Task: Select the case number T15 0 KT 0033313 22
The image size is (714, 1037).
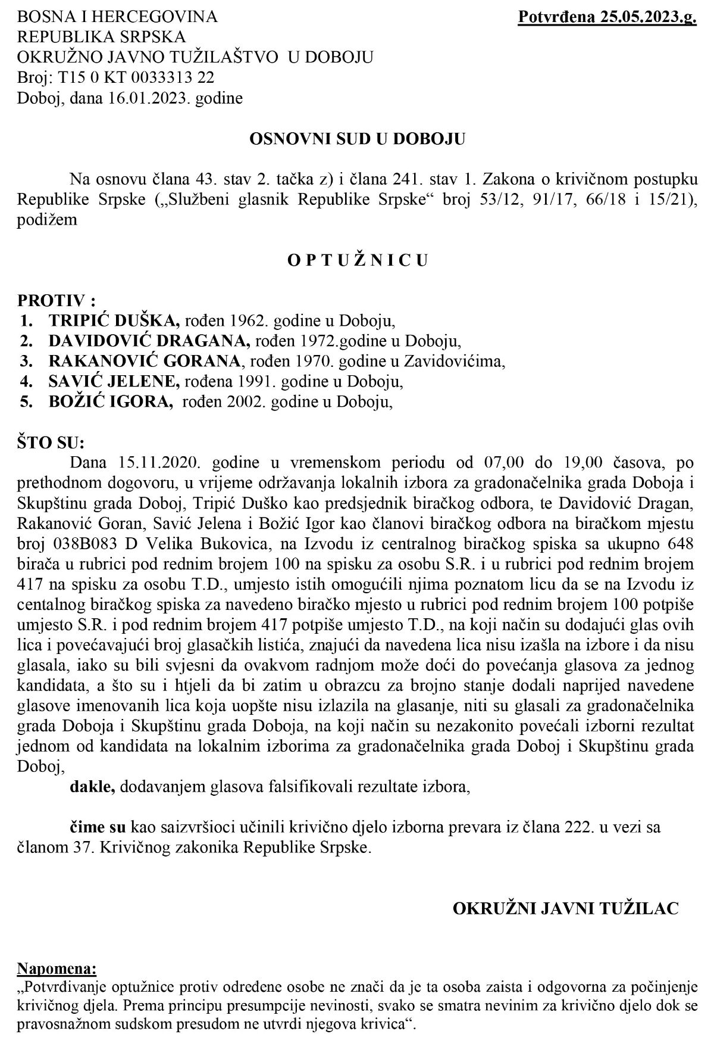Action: click(131, 77)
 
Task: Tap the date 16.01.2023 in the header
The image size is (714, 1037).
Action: click(136, 98)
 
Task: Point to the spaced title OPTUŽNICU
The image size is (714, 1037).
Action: click(357, 260)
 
